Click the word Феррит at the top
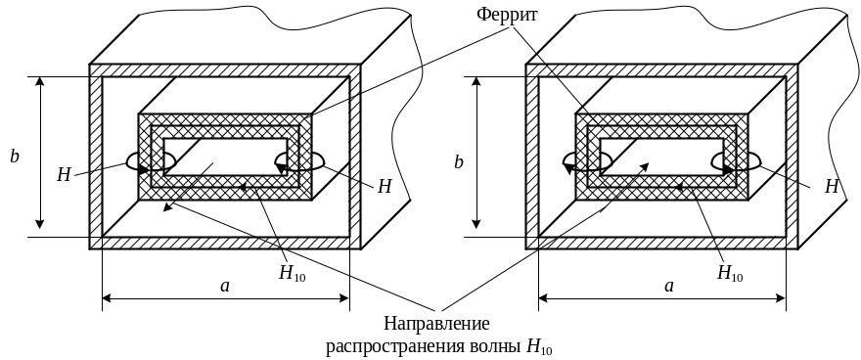[x=507, y=14]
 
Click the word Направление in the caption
[x=436, y=323]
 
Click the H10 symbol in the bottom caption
[x=540, y=347]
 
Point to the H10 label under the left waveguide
[x=293, y=273]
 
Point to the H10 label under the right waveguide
[x=730, y=273]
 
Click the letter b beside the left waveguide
[x=15, y=157]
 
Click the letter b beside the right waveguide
[x=459, y=161]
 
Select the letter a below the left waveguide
[x=225, y=286]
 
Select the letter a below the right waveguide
[x=669, y=286]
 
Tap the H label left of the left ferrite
[x=65, y=175]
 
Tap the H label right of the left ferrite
[x=385, y=187]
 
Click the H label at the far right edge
[x=832, y=187]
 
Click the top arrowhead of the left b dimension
[x=39, y=81]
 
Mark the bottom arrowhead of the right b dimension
[x=476, y=223]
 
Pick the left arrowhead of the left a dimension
[x=107, y=298]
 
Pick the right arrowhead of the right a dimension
[x=781, y=298]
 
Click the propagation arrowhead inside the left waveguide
[x=167, y=207]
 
